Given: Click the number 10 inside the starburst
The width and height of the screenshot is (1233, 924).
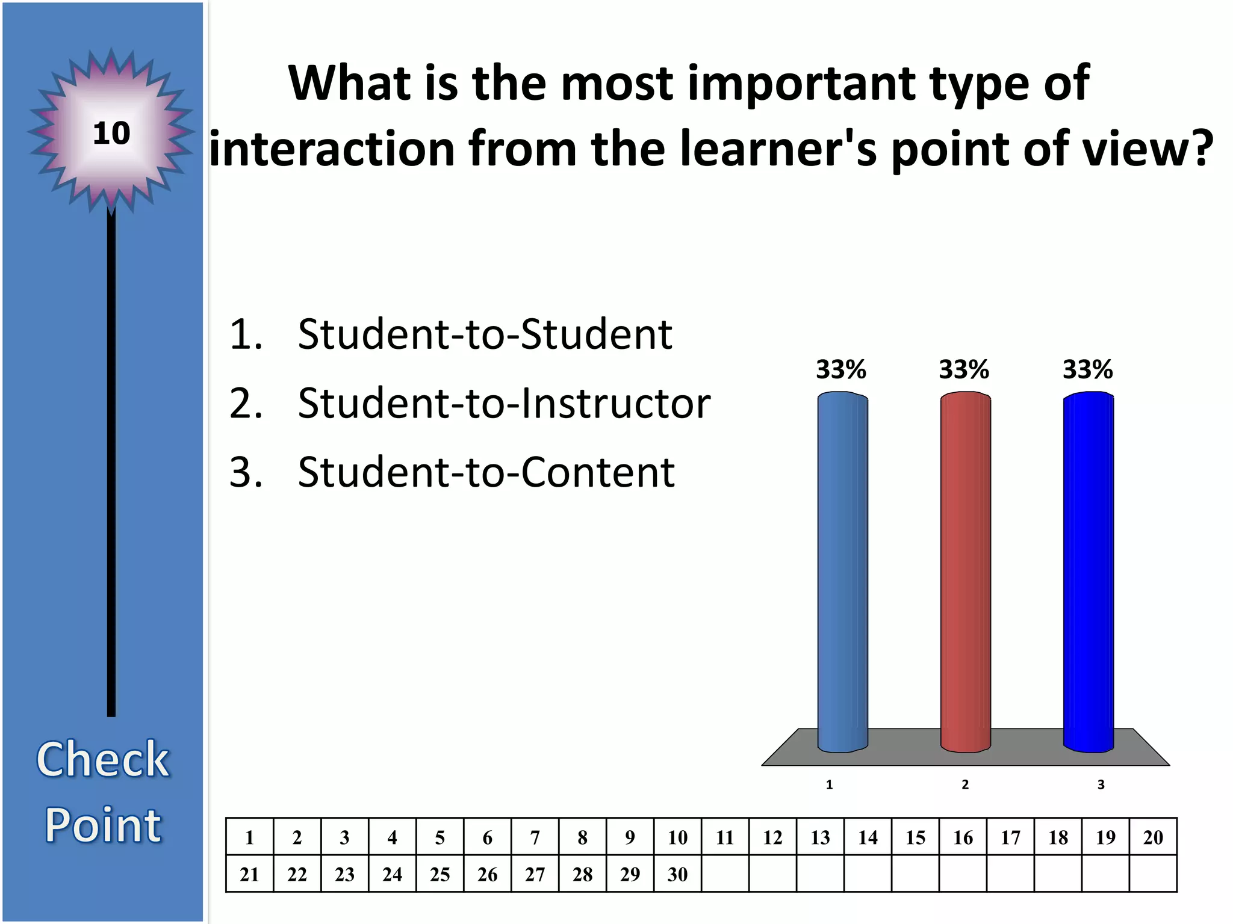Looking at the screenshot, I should point(111,133).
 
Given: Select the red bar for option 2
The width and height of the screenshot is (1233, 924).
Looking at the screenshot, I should point(965,571).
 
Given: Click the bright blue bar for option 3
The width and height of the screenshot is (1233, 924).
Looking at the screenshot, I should point(1089,571).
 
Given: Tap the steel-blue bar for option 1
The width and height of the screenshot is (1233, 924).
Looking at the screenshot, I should point(842,571).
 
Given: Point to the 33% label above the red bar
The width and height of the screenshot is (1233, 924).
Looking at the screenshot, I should point(964,369).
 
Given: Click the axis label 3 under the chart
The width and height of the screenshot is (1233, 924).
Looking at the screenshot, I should point(1101,784).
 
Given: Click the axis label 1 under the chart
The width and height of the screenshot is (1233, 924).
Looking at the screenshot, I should point(829,784).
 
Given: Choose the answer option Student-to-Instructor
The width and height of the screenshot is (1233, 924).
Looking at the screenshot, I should point(503,403).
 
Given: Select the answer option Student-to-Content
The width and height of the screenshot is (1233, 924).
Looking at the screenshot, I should point(486,472).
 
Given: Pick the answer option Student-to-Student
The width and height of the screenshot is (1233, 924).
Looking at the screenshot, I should point(485,334).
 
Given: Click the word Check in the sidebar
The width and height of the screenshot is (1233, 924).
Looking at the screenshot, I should point(103,759).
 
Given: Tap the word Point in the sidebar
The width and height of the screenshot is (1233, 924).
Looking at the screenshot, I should point(103,825).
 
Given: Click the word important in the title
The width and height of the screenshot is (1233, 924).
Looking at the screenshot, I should point(801,84).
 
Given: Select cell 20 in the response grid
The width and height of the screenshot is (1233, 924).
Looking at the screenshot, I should point(1153,837).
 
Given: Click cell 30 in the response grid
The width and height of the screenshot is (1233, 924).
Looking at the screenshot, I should point(677,874).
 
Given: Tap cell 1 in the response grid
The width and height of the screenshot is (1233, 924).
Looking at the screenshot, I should point(249,837).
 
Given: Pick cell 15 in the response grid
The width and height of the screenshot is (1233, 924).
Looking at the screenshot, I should point(915,837).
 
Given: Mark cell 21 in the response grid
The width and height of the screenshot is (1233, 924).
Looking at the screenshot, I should point(249,874).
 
